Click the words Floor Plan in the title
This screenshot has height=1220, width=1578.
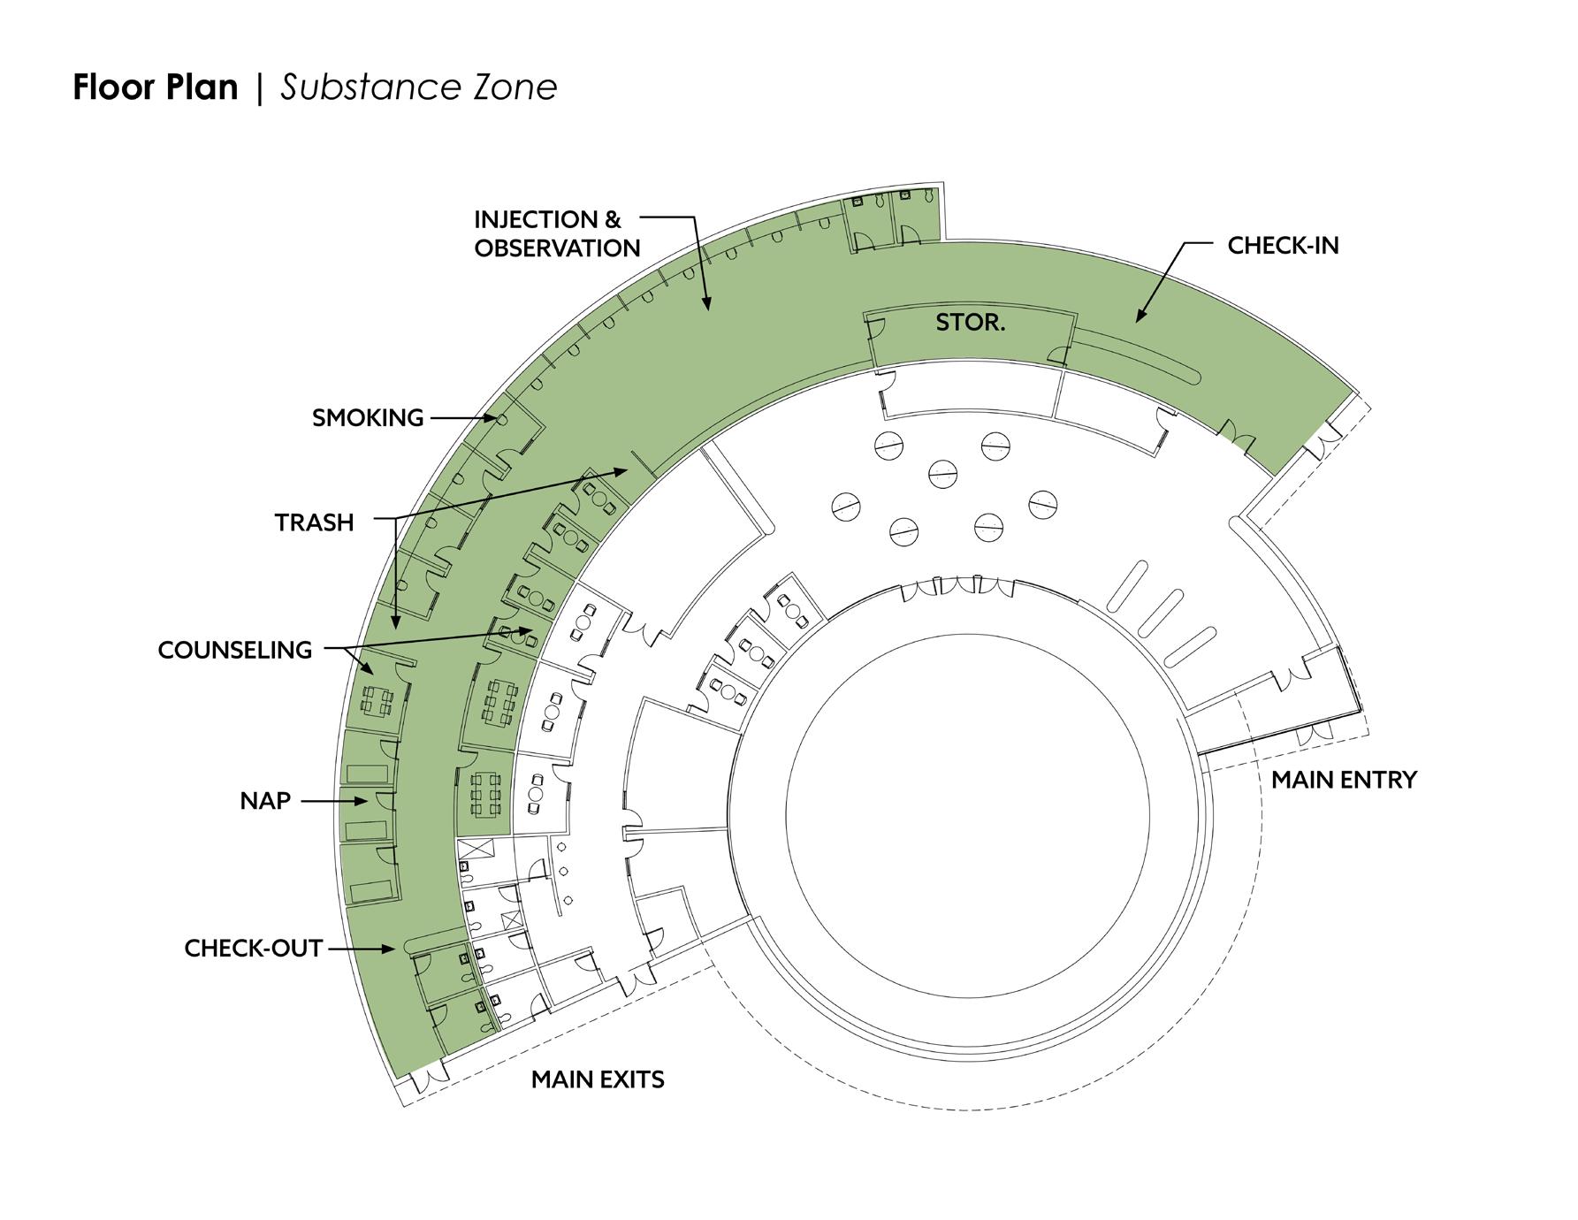(156, 88)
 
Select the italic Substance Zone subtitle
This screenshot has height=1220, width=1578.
(419, 88)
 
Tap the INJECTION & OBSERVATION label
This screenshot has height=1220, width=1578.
(556, 233)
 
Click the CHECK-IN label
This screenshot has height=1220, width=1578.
(1283, 246)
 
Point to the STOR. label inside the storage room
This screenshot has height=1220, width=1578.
(970, 323)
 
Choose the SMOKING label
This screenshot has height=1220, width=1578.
(368, 418)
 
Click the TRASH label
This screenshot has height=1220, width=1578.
(314, 522)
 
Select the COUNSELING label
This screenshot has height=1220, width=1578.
(235, 650)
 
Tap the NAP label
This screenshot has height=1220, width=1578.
(265, 801)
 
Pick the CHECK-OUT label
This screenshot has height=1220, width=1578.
(253, 949)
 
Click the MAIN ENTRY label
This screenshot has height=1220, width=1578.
(1344, 780)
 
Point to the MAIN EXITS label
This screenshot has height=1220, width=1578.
(598, 1079)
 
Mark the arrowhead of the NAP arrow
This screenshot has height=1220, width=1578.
(363, 801)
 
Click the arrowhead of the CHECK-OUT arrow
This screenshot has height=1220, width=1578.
(390, 949)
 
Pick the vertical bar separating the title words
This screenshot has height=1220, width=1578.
(259, 88)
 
